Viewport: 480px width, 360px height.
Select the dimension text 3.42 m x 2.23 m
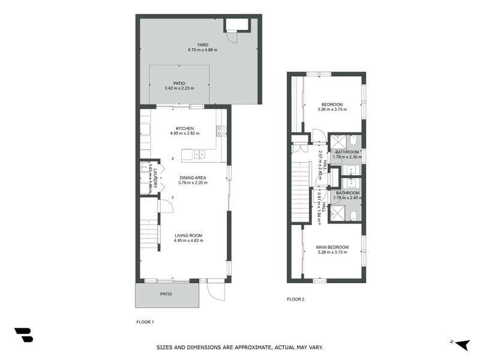coord(179,89)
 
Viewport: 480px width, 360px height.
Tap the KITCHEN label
coord(185,128)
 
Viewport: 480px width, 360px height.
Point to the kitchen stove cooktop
coord(221,130)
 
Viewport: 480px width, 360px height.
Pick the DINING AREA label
coord(192,178)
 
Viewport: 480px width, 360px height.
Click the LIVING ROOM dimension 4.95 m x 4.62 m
coord(188,241)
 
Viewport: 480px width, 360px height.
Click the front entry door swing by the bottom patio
coord(215,291)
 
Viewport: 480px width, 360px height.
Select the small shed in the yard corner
coord(236,25)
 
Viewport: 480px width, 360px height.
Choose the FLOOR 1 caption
coord(145,322)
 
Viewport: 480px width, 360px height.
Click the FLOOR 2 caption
coord(295,299)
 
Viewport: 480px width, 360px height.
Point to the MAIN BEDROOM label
coord(332,247)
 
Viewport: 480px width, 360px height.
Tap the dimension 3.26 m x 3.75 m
coord(332,109)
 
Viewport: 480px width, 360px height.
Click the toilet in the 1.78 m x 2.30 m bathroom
coord(354,141)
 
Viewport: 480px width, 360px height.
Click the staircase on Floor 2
coord(299,186)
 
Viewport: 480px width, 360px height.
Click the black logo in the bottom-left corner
coord(23,335)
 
